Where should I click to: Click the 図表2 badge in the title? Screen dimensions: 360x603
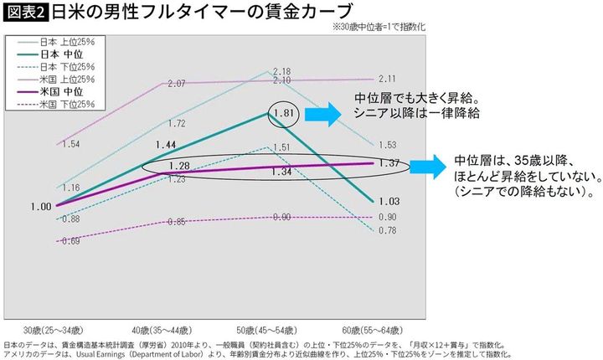click(25, 12)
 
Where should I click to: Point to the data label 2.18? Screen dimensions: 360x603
click(281, 71)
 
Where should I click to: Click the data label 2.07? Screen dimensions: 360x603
click(177, 84)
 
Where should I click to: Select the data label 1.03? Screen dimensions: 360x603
click(388, 202)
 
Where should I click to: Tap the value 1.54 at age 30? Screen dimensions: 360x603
click(71, 145)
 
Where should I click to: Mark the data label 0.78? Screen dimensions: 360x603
click(388, 230)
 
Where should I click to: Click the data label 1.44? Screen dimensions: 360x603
click(177, 144)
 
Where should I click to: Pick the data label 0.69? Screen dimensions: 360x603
click(71, 241)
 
